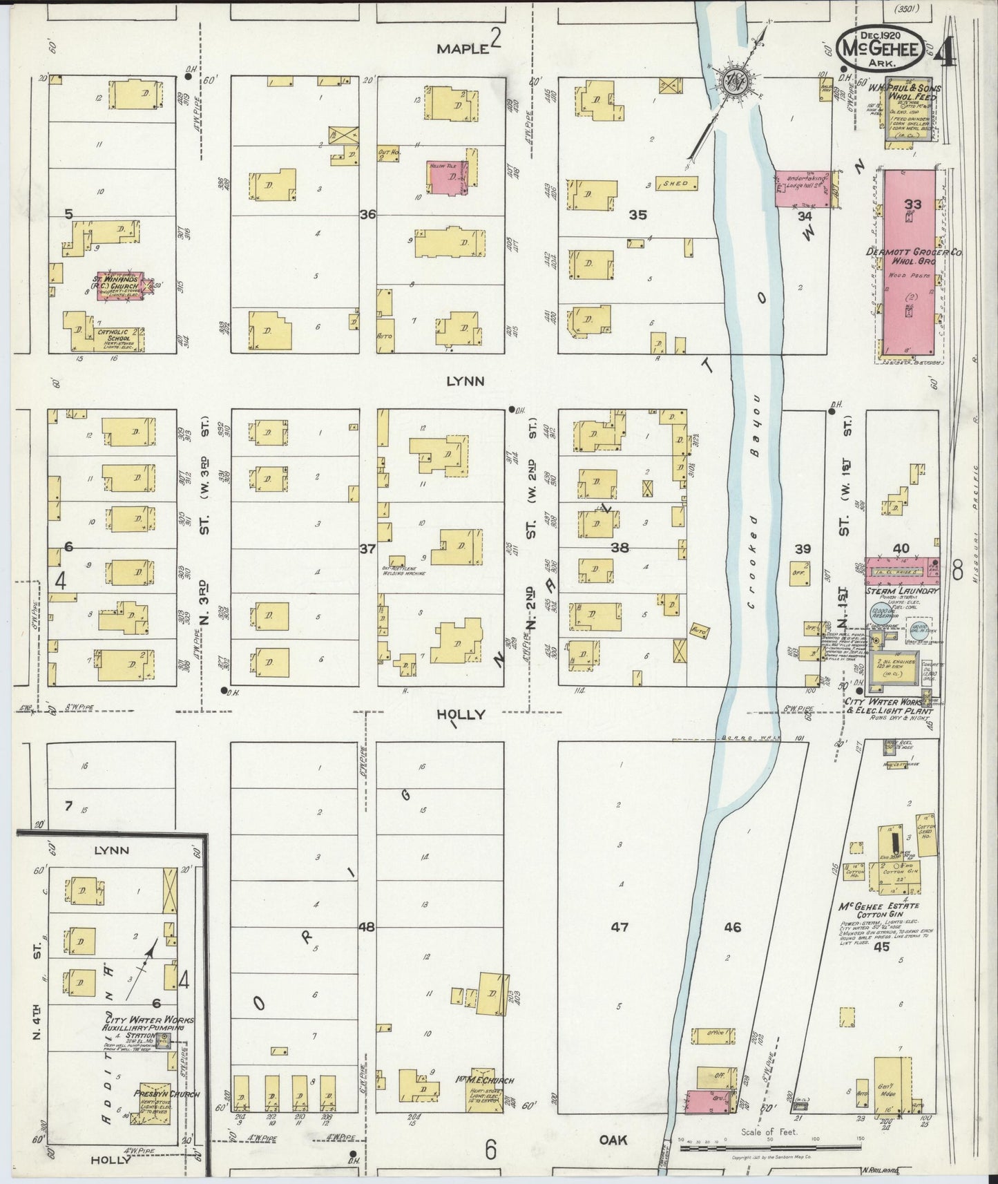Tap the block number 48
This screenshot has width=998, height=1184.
point(366,926)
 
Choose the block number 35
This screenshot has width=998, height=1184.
point(637,215)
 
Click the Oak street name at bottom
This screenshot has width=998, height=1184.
point(613,1140)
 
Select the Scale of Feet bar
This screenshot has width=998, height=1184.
point(770,1147)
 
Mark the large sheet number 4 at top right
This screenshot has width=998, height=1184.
point(946,52)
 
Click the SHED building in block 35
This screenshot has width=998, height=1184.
point(676,184)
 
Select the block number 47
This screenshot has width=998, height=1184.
point(620,926)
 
